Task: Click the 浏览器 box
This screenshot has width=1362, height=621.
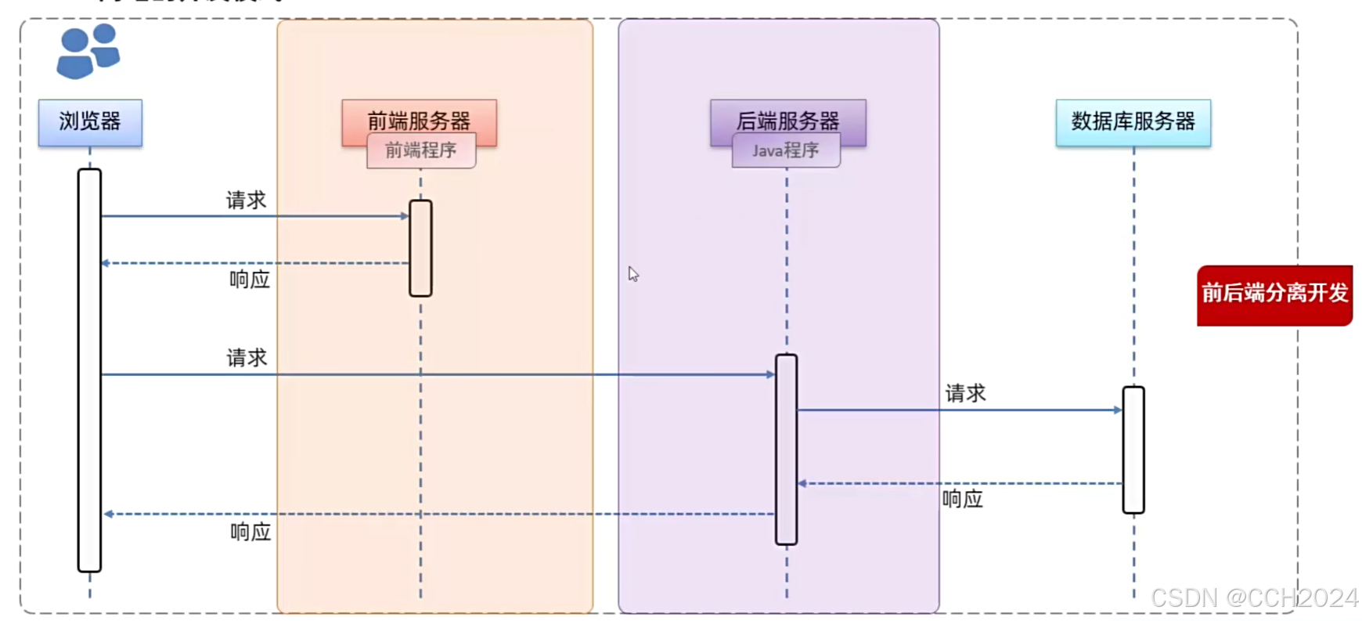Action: click(90, 122)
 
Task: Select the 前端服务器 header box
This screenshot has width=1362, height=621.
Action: click(419, 117)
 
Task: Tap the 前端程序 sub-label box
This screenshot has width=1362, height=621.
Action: click(421, 150)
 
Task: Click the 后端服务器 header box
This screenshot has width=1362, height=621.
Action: click(787, 117)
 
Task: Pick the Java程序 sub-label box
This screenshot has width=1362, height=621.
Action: click(786, 150)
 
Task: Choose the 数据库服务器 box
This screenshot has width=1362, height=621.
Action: click(1133, 122)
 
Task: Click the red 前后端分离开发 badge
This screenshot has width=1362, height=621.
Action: click(1274, 294)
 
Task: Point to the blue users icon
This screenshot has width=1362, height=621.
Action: click(88, 51)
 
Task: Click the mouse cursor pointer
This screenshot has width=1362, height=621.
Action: click(633, 274)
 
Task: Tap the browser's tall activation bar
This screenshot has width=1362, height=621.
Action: click(90, 370)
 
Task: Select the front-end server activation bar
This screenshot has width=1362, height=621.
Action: click(420, 248)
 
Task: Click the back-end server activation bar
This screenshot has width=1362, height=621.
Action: click(787, 450)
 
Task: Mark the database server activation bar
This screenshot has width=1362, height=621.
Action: click(1133, 450)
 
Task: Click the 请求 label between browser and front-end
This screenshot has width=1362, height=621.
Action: click(247, 200)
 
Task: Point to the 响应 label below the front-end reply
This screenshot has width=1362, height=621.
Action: click(250, 280)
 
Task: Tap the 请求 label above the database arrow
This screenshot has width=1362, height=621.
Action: click(965, 393)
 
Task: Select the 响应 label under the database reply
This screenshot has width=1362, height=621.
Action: click(962, 499)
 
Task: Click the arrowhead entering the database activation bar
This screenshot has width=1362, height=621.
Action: click(1118, 410)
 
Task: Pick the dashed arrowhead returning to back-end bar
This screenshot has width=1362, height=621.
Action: click(802, 483)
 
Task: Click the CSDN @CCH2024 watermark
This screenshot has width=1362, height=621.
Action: click(1254, 598)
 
